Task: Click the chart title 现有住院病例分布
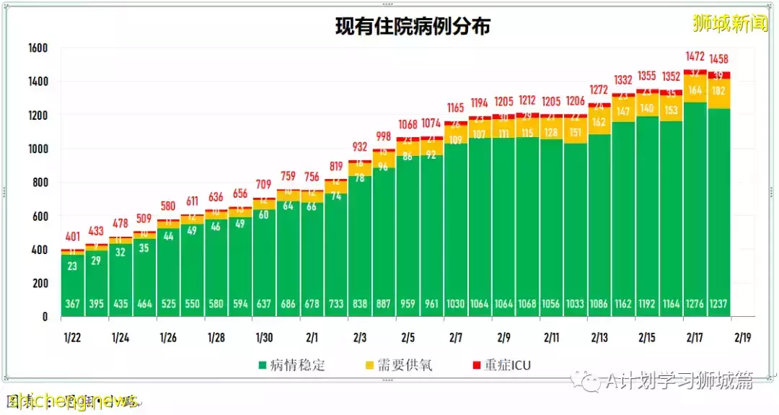tap(413, 27)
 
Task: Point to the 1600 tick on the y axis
tap(38, 48)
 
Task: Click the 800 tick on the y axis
tap(40, 183)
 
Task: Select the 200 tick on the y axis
tap(40, 284)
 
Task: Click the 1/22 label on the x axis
tap(72, 337)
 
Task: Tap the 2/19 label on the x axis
tap(743, 337)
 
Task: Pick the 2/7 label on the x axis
tap(456, 337)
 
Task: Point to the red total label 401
tap(72, 237)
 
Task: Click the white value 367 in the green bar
tap(72, 304)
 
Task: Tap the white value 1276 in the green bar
tap(695, 304)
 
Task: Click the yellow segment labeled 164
tap(695, 90)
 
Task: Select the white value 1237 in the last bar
tap(719, 304)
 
